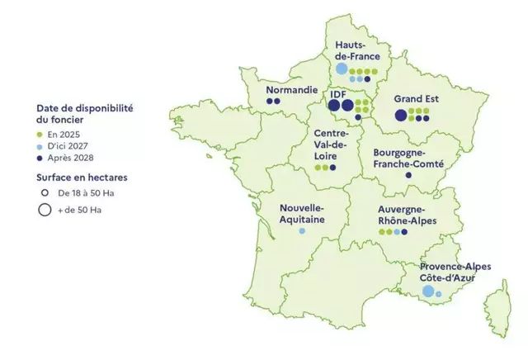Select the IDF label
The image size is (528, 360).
(337, 94)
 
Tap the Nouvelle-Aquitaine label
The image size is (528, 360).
(302, 214)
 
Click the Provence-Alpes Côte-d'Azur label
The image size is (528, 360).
(455, 273)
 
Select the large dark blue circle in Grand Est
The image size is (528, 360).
(401, 115)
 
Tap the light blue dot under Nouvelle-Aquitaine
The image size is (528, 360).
(302, 231)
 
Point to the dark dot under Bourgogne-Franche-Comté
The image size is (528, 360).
(408, 175)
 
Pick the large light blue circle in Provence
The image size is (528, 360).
(427, 291)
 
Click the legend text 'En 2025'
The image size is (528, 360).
(64, 133)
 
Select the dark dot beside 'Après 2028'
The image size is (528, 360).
(40, 158)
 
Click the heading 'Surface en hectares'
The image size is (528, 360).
(81, 177)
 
